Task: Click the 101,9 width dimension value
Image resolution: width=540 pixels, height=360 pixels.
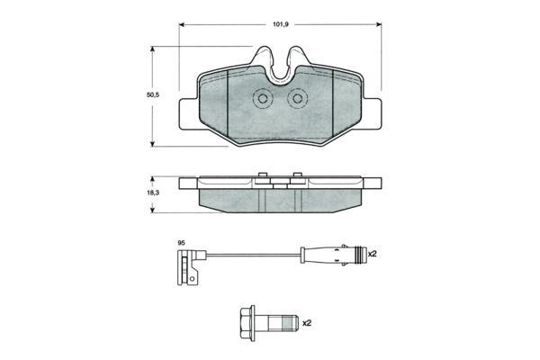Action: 281,24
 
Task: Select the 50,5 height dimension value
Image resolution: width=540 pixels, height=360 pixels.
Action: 153,95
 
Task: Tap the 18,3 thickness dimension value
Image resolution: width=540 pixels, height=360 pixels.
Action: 153,193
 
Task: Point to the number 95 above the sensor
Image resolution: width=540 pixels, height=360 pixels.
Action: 181,243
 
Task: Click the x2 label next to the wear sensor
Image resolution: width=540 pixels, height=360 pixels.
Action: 373,254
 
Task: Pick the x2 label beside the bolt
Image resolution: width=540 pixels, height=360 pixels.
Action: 307,323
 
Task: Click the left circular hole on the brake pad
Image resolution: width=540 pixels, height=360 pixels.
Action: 263,99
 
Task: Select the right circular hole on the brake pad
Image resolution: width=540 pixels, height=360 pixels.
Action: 297,99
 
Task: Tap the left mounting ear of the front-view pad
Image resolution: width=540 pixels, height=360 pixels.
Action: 189,114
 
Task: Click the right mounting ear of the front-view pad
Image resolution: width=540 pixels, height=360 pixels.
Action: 372,114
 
